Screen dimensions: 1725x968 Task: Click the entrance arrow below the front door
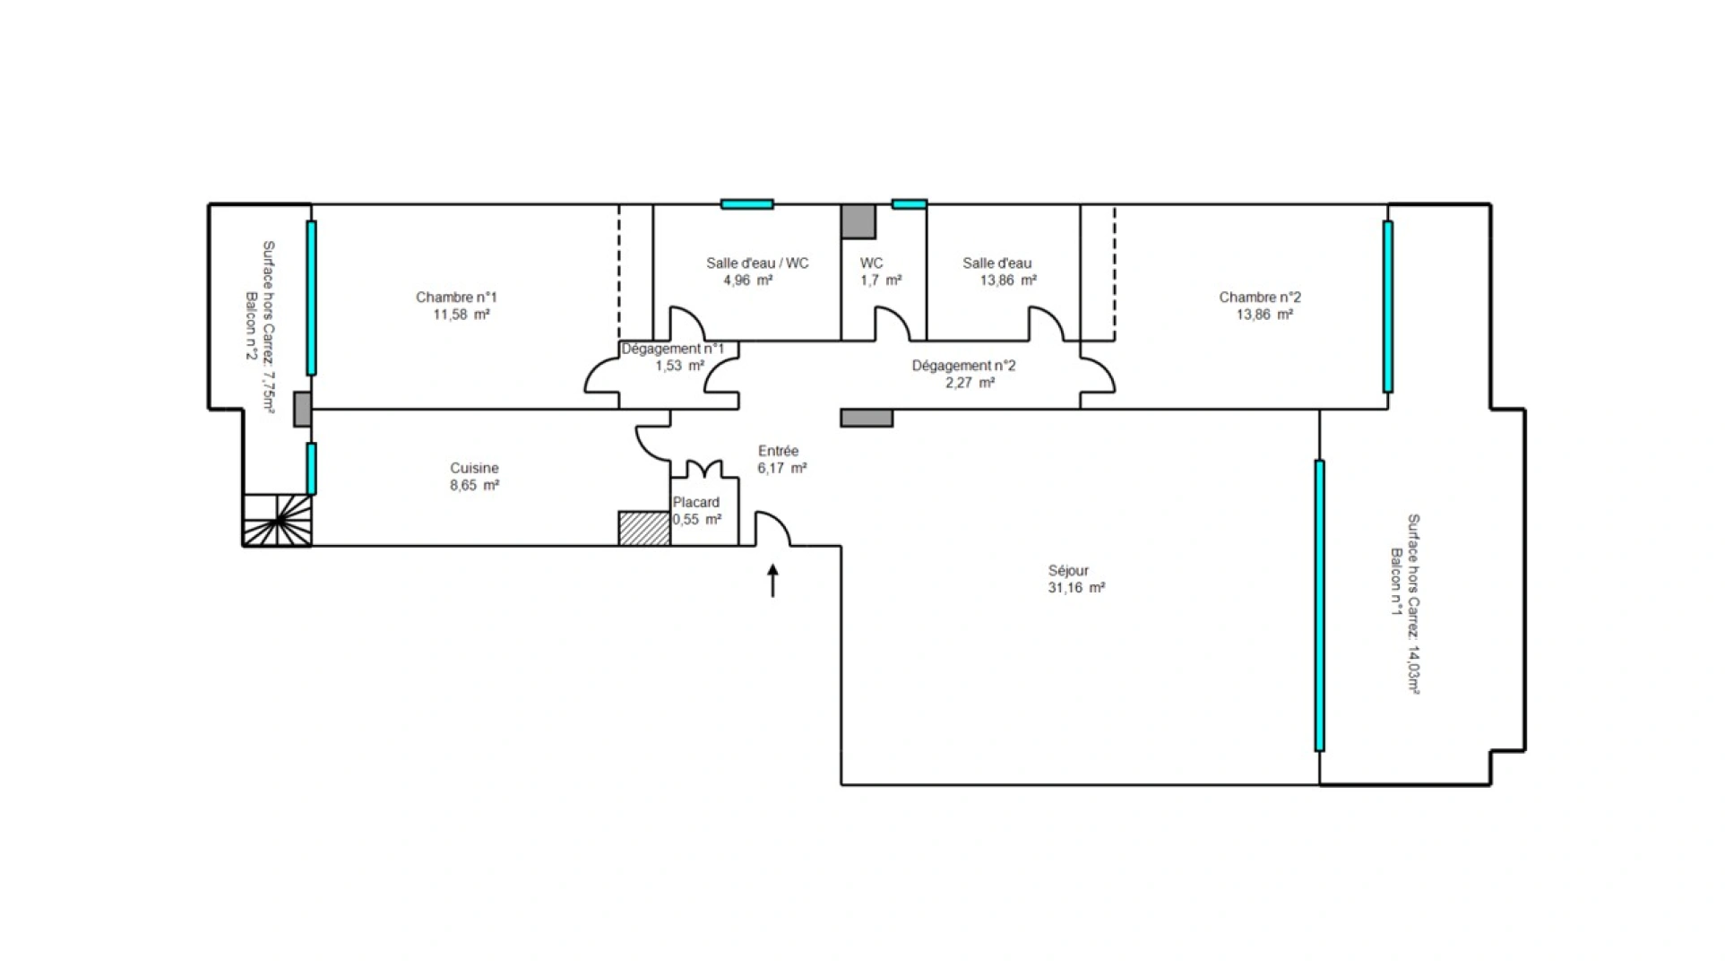772,581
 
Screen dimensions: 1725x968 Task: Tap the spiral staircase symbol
277,520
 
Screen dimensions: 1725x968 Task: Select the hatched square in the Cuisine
644,529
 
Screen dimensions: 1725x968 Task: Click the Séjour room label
1068,571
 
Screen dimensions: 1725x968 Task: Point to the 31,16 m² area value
1076,588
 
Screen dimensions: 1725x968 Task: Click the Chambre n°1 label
456,298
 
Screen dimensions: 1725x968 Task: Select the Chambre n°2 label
1260,298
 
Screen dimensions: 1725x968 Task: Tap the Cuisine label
474,468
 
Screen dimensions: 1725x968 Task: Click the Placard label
696,502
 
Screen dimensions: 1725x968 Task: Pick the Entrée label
778,451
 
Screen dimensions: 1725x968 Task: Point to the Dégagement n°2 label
963,366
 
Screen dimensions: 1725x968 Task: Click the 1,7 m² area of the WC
881,281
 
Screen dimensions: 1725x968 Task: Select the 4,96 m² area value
748,281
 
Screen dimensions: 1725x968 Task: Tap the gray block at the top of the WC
858,221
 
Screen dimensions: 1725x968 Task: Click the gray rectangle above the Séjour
867,418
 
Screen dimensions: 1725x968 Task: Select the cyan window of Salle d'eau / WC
746,204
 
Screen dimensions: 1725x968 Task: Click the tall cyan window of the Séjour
1319,606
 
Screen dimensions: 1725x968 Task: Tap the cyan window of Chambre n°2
1387,307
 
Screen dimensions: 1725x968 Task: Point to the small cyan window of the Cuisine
311,469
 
